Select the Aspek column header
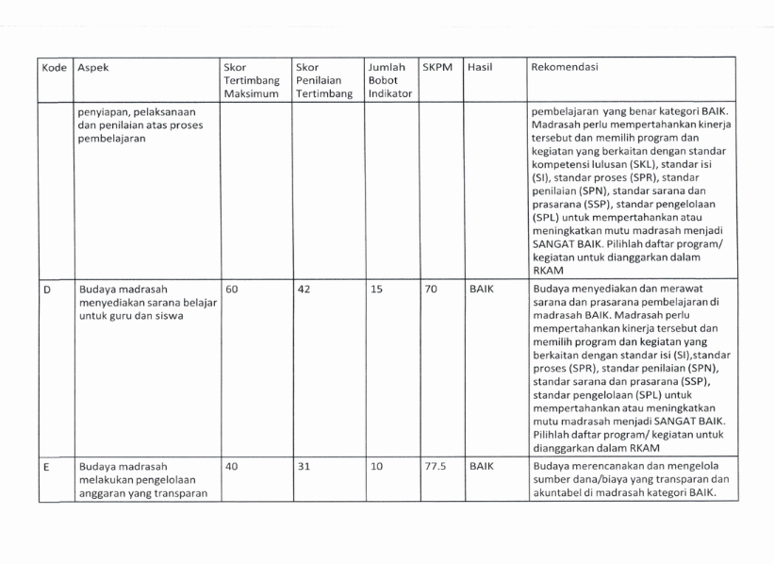pos(94,69)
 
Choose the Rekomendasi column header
pos(568,69)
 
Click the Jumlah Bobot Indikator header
pos(387,82)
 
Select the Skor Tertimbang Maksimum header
pos(252,82)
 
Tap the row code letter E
pos(45,465)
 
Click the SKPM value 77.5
pos(435,465)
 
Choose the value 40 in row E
pos(232,465)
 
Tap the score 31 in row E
pos(304,465)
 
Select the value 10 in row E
pos(375,465)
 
